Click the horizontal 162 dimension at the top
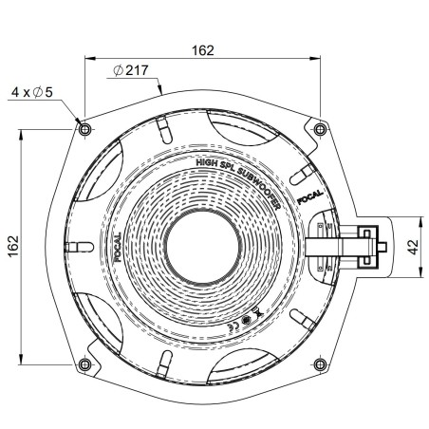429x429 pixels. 202,49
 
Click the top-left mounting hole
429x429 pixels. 84,128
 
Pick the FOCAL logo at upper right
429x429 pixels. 310,199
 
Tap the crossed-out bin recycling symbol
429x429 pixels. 262,312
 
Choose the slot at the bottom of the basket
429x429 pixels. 164,363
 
